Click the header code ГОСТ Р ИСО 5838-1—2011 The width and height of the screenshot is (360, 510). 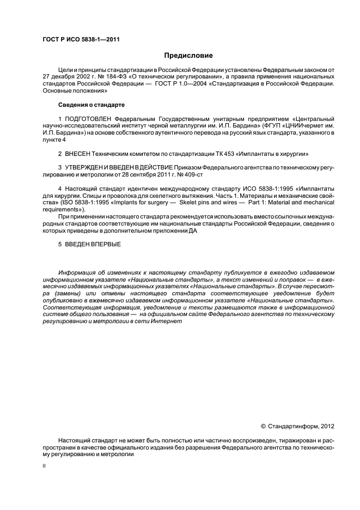click(x=81, y=40)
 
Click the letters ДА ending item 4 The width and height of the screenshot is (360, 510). click(x=192, y=231)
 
